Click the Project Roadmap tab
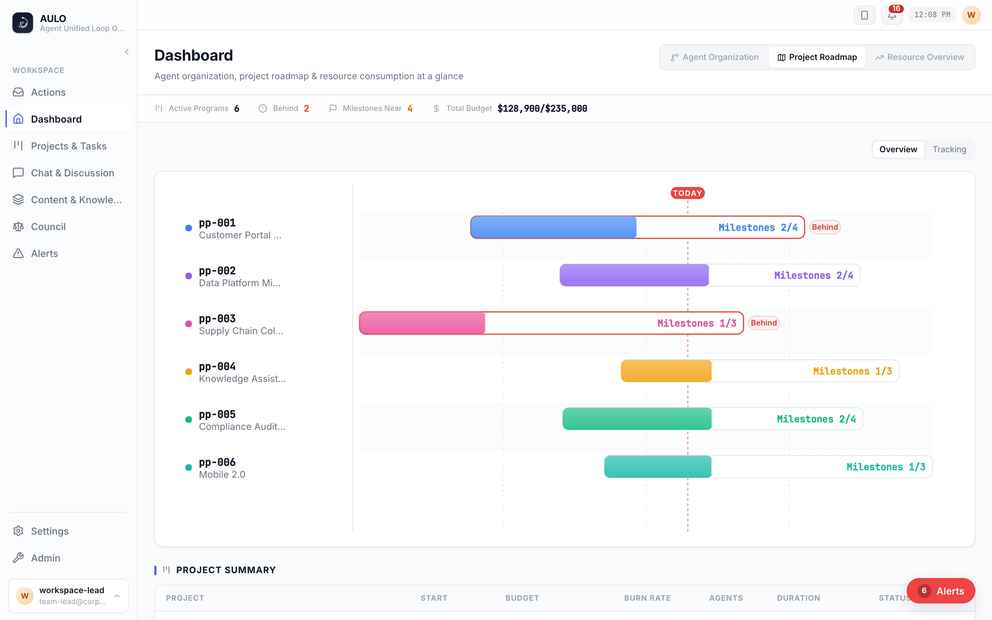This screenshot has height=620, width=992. pos(817,57)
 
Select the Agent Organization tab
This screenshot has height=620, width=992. pos(714,57)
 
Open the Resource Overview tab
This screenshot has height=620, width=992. pos(919,57)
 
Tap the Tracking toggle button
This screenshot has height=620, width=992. pos(949,149)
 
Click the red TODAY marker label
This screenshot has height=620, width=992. pos(688,193)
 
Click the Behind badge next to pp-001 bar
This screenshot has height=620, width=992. pos(825,227)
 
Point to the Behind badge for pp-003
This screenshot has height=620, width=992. pos(764,323)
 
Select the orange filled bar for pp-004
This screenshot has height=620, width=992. pos(666,371)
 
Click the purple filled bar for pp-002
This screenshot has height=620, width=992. pos(634,275)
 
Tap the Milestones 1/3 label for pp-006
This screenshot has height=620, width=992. pos(886,467)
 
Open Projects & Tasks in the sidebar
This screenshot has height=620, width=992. pos(69,146)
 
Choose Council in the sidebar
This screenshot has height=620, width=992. pos(48,227)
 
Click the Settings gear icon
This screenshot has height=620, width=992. pos(18,531)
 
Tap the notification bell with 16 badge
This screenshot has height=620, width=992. pos(892,15)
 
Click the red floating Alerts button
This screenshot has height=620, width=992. pos(941,591)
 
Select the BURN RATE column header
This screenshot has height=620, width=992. pos(647,598)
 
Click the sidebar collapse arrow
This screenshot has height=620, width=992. pos(127,52)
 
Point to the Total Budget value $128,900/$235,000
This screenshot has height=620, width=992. pos(542,108)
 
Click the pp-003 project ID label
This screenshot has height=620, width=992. pos(217,319)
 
